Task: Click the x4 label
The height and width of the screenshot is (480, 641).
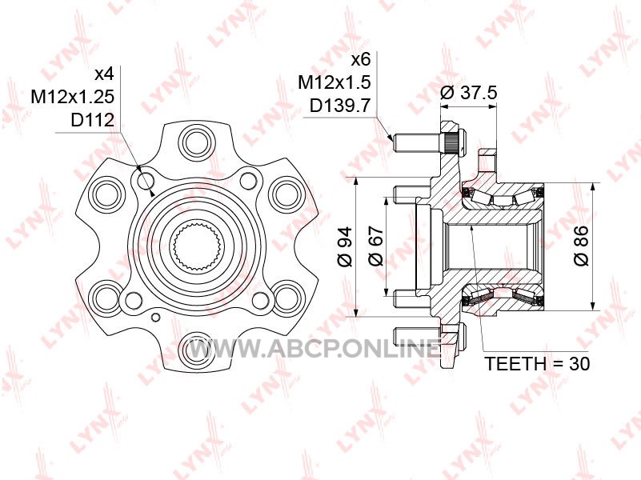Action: coord(103,74)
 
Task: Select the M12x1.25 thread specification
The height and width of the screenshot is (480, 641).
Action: coord(73,98)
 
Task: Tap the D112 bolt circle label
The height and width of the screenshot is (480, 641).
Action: coord(92,120)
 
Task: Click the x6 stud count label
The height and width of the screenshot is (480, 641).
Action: coord(361,60)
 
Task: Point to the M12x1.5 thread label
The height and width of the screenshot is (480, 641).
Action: coord(335,82)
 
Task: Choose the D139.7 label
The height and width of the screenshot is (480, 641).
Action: coord(340,106)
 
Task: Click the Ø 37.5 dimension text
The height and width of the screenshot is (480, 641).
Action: coord(469,93)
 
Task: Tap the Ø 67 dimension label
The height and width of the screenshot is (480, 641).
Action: coord(376,246)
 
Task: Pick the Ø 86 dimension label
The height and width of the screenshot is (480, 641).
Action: coord(581,246)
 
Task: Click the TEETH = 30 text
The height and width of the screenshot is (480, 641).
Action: coord(537,363)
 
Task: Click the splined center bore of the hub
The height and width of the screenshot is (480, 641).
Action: coord(197,248)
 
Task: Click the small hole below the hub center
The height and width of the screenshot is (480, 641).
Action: coord(155,318)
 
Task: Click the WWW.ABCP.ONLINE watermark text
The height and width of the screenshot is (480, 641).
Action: coord(313,350)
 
